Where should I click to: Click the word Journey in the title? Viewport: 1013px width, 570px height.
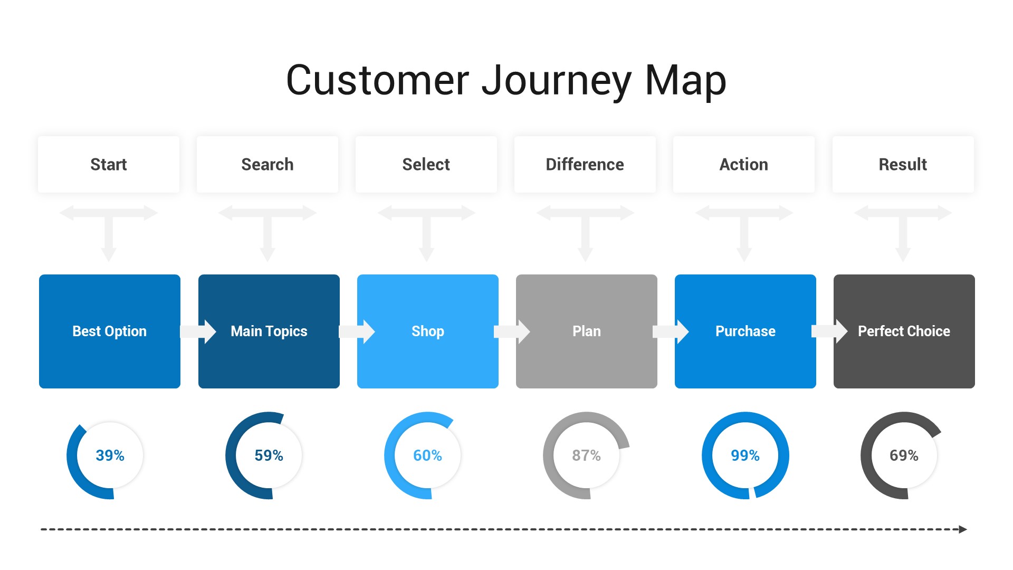pos(557,81)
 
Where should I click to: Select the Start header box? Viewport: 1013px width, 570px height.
pos(109,164)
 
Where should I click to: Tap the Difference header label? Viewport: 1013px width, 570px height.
pos(585,164)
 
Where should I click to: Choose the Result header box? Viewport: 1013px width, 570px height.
pos(903,164)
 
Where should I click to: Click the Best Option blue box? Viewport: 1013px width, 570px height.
pos(110,331)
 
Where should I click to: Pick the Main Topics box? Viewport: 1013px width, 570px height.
pos(269,331)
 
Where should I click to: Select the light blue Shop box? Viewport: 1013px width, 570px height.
pos(428,331)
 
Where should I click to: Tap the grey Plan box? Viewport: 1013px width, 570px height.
pos(587,331)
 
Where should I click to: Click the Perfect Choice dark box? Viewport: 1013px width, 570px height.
pos(904,331)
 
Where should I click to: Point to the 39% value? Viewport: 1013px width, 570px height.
pos(110,455)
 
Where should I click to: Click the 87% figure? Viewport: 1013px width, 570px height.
pos(586,455)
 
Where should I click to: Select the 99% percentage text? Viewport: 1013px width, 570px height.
pos(745,455)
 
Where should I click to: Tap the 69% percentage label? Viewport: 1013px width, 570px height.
pos(904,455)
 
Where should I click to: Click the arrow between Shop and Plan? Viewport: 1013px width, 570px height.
pos(512,331)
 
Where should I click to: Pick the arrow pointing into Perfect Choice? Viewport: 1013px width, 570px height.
pos(829,331)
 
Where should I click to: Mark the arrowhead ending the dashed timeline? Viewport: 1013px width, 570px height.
pos(963,529)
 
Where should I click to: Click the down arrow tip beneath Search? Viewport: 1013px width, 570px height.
pos(267,261)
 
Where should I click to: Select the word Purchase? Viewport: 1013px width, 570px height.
pos(746,331)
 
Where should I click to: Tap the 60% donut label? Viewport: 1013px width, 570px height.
pos(427,455)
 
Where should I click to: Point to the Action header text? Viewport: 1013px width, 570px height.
pos(744,164)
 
